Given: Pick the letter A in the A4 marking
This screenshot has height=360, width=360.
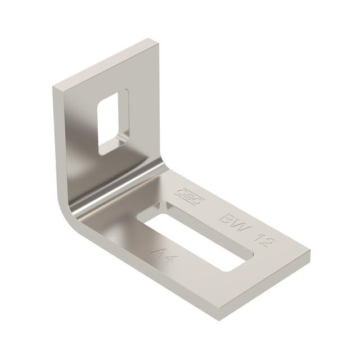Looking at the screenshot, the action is point(158,253).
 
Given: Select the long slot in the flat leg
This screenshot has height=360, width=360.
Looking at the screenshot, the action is point(195,238).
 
